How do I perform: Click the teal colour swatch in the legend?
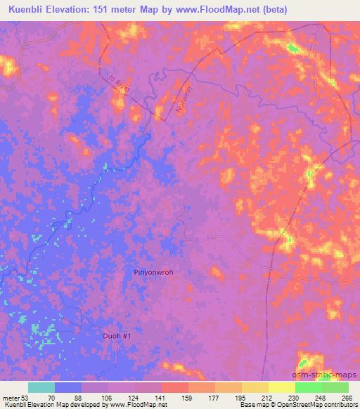coord(41,388)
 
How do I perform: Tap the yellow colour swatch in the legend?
coord(282,388)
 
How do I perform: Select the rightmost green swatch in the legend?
coord(335,388)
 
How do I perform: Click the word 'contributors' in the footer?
coord(340,405)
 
